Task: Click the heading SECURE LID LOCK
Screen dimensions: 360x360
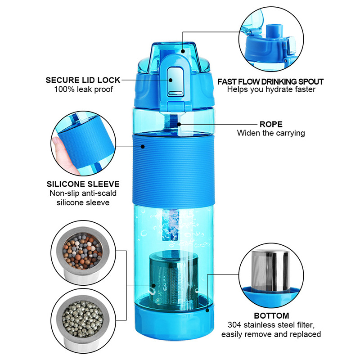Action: (x=83, y=80)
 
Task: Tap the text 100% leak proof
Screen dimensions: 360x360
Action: (x=83, y=89)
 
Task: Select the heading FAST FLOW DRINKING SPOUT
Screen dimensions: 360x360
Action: (x=270, y=81)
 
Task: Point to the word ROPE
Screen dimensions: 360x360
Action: (x=271, y=124)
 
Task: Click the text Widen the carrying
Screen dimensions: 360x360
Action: (x=271, y=133)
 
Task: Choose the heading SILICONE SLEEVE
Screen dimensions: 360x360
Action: (x=83, y=184)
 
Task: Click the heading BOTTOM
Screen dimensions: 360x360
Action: (x=271, y=315)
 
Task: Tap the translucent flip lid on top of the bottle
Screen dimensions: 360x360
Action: (x=173, y=52)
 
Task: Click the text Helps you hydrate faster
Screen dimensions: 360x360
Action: (x=270, y=90)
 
